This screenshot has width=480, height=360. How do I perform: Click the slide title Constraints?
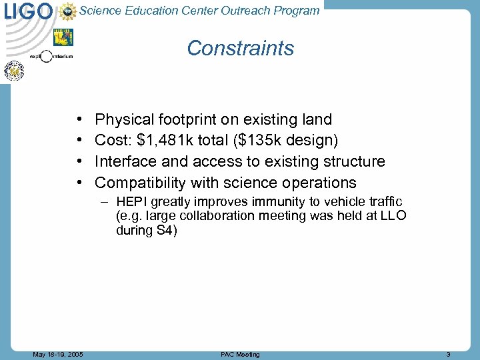pos(240,48)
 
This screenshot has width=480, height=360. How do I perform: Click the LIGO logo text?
pos(28,11)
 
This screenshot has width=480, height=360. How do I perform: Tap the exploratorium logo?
pos(51,57)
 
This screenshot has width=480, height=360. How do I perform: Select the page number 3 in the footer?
pos(449,354)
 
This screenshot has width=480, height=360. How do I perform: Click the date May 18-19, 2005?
pos(58,354)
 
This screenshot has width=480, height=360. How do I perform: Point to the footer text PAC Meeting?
pos(240,354)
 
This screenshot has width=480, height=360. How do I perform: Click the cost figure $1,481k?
pos(160,141)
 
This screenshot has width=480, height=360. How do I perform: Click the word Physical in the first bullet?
pos(125,120)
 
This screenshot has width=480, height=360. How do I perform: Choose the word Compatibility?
pos(141,183)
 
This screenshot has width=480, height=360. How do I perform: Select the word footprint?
pos(188,120)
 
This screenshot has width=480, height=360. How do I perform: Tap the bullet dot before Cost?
pos(79,141)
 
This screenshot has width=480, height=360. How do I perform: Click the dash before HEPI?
pos(106,202)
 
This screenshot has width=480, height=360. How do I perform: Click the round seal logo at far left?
pos(14,71)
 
